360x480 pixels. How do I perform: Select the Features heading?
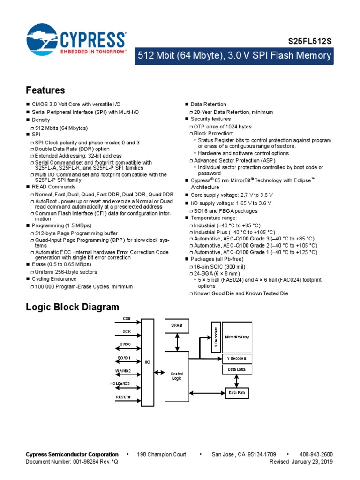(45, 90)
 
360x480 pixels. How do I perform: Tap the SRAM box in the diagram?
(177, 325)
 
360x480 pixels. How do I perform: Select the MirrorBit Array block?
(237, 337)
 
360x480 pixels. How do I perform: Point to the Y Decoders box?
(237, 359)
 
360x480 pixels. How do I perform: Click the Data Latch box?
(237, 370)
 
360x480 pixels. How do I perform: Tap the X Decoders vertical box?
(216, 337)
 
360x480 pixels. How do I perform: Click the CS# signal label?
(127, 319)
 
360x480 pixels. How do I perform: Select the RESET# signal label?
(124, 397)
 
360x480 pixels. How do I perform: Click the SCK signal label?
(127, 332)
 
